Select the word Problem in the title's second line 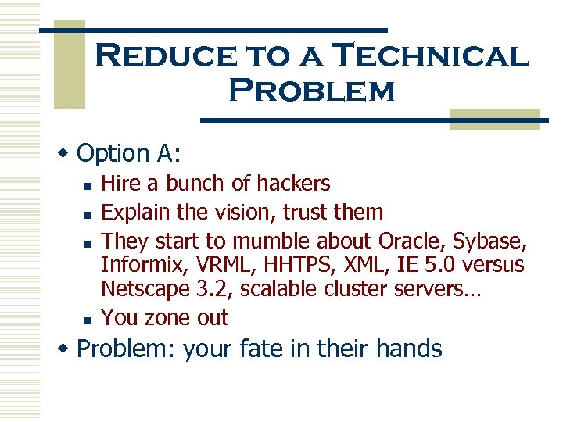311,91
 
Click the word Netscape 144,290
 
